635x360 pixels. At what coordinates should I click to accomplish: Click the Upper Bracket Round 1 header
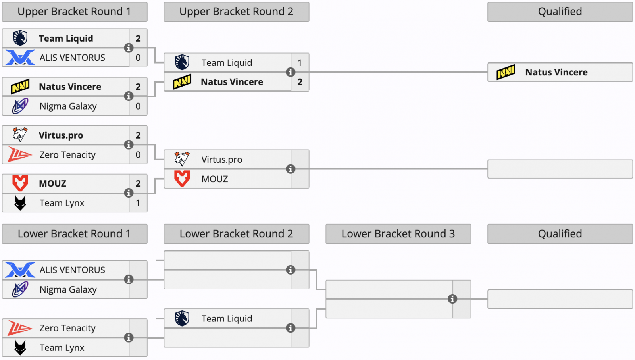coord(74,12)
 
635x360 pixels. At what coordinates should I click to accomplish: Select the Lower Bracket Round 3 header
coord(398,234)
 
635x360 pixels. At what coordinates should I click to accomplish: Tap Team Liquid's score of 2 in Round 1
coord(138,39)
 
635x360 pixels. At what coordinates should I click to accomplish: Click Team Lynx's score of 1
coord(138,203)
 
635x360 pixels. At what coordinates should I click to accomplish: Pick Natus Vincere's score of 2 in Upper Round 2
coord(300,82)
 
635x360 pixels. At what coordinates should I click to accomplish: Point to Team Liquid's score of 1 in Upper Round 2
coord(300,63)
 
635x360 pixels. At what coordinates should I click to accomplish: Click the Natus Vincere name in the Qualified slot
coord(556,72)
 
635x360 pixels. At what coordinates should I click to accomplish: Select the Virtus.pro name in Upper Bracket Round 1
coord(61,135)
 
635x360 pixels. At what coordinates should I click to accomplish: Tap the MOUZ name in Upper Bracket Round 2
coord(215,179)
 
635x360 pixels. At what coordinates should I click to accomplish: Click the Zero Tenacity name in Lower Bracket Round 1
coord(67,328)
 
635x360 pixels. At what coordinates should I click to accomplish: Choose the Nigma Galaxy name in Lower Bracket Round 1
coord(68,290)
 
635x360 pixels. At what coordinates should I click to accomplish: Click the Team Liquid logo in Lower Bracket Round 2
coord(182,318)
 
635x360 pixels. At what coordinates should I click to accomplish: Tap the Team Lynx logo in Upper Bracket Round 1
coord(20,203)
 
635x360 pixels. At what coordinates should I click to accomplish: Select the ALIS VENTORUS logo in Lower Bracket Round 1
coord(20,270)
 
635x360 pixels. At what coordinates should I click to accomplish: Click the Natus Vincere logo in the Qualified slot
coord(506,72)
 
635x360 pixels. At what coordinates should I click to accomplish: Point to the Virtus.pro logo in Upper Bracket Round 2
coord(182,159)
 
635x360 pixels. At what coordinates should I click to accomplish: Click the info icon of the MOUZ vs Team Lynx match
coord(129,193)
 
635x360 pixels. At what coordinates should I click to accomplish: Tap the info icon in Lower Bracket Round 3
coord(452,299)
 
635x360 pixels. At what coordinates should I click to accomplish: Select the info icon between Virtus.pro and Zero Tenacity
coord(129,144)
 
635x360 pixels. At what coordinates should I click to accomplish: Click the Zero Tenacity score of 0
coord(138,155)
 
